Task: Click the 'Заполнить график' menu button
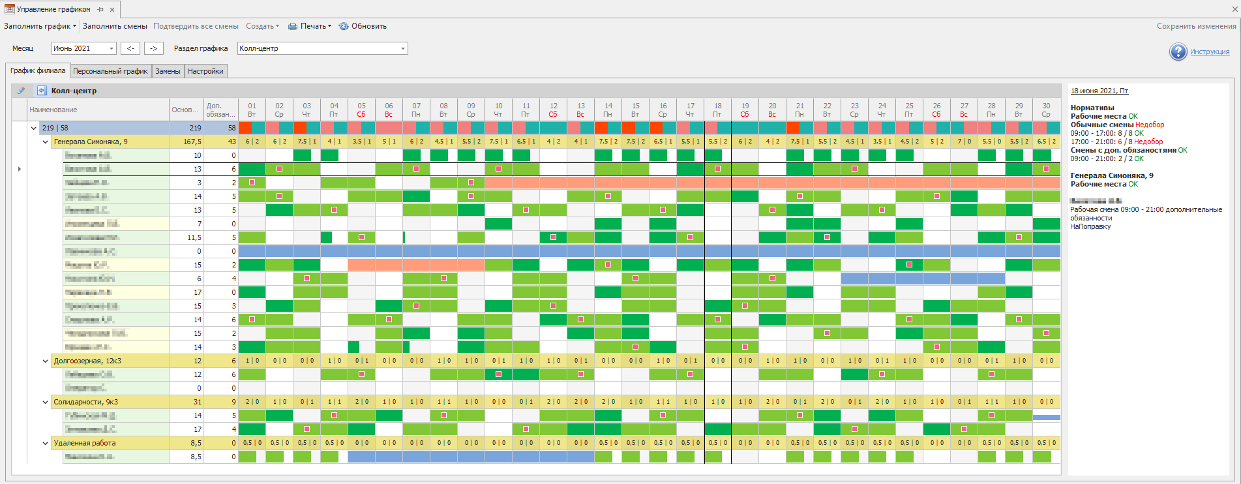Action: click(40, 26)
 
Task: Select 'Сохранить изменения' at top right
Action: click(1196, 26)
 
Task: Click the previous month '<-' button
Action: click(130, 48)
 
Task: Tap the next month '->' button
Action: click(154, 48)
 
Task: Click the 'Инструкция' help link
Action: click(1209, 52)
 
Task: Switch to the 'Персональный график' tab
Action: click(110, 71)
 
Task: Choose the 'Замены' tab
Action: click(168, 71)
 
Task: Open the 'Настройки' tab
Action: click(205, 71)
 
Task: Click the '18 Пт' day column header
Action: click(717, 110)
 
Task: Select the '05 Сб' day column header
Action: click(361, 110)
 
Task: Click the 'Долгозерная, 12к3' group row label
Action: click(87, 361)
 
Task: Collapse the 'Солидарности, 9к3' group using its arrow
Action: click(45, 402)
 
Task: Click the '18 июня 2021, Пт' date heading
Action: click(1099, 91)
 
